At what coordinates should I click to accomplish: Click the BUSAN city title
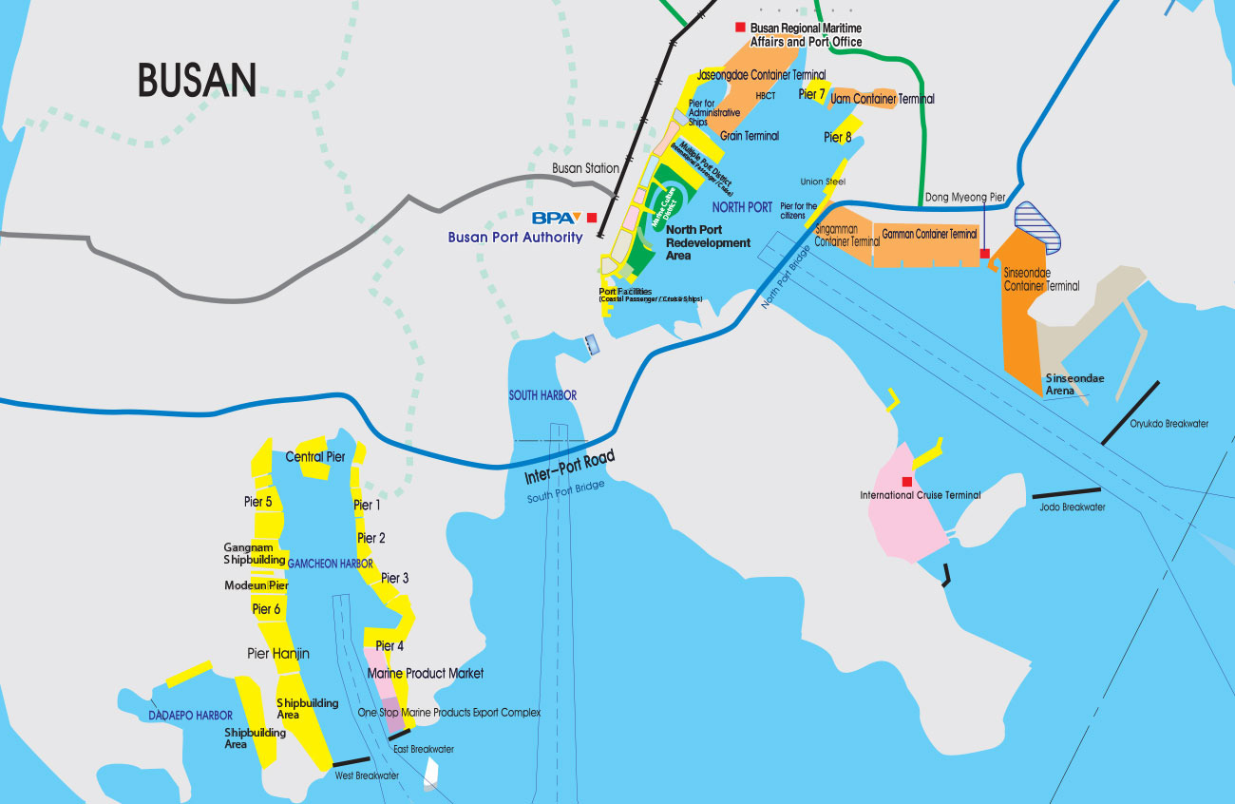[x=198, y=80]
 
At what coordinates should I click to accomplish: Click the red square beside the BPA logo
[x=592, y=218]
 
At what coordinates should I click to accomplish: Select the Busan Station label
[x=586, y=168]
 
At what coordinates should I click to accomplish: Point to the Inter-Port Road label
[x=570, y=467]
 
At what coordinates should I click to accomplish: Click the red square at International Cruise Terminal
[x=906, y=481]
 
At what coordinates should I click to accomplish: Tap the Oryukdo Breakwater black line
[x=1130, y=412]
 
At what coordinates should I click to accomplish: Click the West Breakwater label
[x=367, y=775]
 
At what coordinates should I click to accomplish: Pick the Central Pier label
[x=315, y=457]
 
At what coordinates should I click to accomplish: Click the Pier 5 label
[x=257, y=502]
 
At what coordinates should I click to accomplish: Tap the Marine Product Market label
[x=425, y=673]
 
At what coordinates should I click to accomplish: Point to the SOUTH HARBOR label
[x=542, y=395]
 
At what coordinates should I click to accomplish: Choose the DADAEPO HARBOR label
[x=190, y=715]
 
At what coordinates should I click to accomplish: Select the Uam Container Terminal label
[x=883, y=99]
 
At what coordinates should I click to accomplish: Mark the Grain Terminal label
[x=749, y=136]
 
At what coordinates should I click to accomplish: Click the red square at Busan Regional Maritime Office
[x=740, y=28]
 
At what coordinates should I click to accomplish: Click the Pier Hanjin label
[x=278, y=654]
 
